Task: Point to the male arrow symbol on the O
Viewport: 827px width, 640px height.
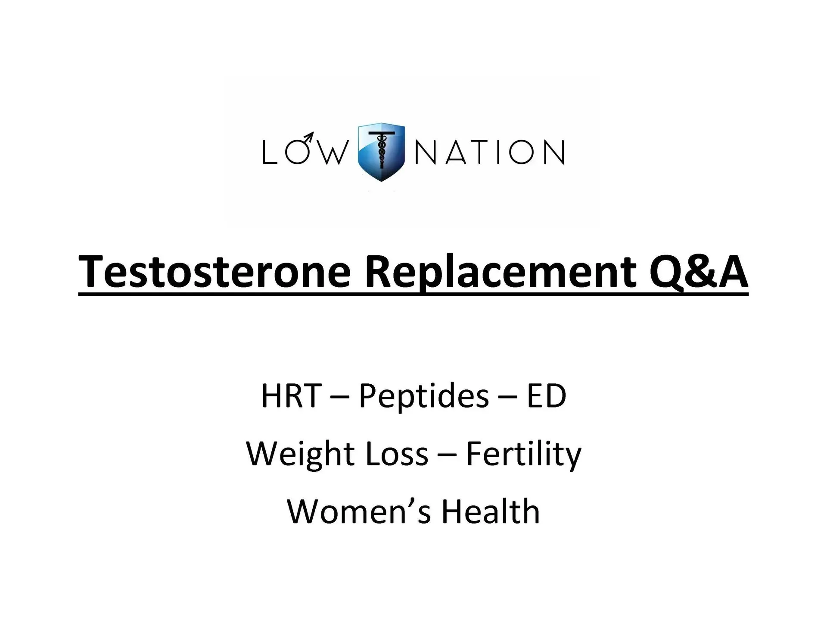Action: tap(308, 137)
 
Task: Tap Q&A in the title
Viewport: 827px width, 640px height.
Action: tap(698, 272)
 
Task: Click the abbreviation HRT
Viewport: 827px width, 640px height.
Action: tap(291, 395)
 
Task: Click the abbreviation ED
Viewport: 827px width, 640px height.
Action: tap(546, 395)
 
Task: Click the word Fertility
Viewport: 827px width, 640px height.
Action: tap(523, 454)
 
